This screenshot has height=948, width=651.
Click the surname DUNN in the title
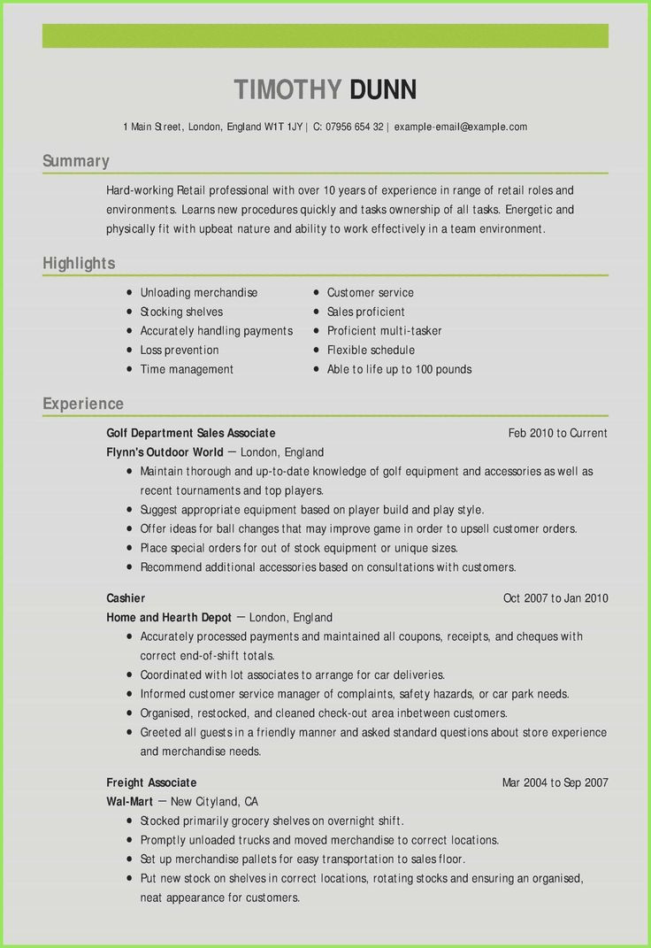point(382,89)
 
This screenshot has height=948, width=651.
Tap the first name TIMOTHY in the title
point(287,89)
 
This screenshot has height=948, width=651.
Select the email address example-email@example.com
point(461,127)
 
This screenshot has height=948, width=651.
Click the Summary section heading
point(76,161)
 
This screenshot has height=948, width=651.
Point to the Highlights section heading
point(79,264)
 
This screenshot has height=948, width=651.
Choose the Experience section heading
point(83,404)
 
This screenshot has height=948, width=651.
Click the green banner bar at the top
point(325,36)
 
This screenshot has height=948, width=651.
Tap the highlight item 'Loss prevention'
point(180,351)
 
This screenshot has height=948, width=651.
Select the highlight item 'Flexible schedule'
point(371,351)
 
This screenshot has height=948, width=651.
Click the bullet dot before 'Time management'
point(129,369)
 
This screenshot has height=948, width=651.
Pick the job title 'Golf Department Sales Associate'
point(191,433)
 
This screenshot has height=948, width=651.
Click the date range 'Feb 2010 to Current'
point(557,433)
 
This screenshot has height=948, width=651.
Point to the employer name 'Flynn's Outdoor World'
point(165,452)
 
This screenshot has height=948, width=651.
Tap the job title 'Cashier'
point(126,598)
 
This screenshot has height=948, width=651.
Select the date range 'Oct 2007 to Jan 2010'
point(555,598)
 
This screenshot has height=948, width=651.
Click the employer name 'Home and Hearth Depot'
point(169,618)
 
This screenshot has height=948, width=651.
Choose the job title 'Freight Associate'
point(151,782)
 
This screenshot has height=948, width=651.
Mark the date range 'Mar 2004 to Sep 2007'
point(555,782)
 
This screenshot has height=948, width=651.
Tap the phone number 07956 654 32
point(354,127)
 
